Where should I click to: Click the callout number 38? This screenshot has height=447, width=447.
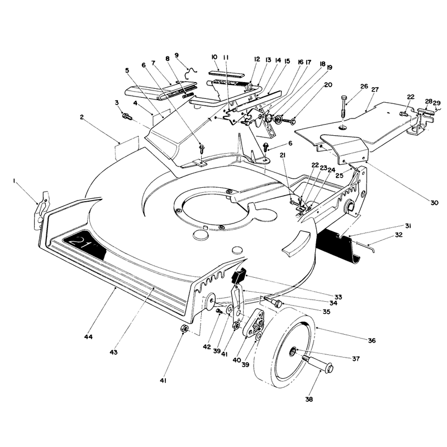coord(309,400)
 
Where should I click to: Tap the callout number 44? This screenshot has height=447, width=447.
coord(88,337)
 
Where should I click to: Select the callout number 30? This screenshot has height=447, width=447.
coord(434,203)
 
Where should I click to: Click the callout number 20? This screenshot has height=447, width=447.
coord(328,85)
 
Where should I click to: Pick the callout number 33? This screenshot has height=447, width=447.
coord(339,297)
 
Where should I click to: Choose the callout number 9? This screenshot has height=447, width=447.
coord(177,55)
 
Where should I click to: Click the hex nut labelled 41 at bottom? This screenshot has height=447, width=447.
coord(184,330)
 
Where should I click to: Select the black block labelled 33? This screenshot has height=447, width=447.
coord(239,275)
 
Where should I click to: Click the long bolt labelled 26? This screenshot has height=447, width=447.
coord(344,106)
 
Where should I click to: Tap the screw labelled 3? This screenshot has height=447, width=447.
coord(127,116)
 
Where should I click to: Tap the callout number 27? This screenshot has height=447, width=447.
coord(375,89)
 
